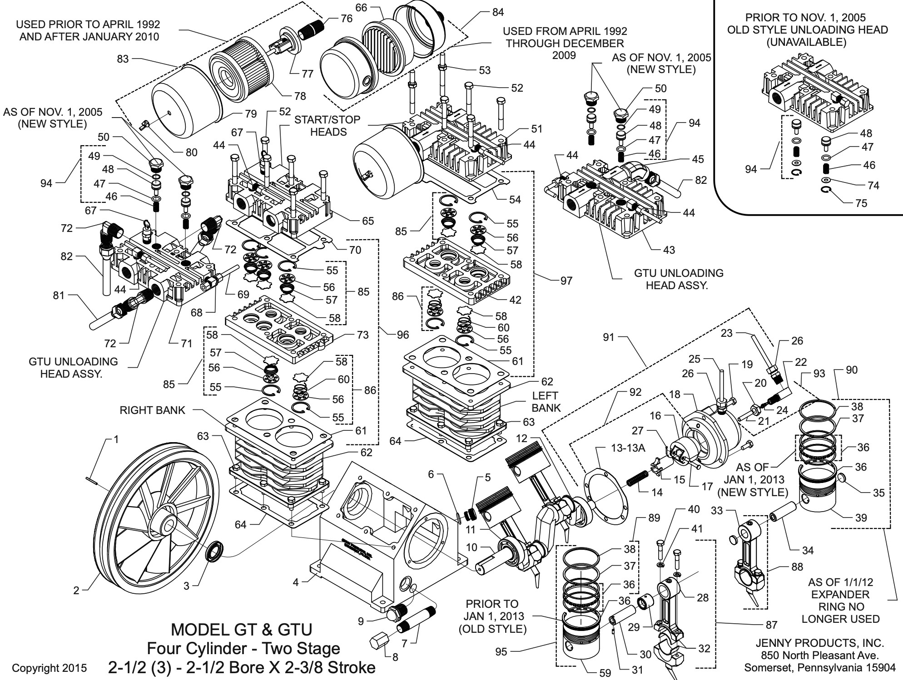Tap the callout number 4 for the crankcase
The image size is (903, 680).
click(296, 582)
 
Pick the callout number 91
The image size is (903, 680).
click(608, 337)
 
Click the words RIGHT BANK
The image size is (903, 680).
click(152, 410)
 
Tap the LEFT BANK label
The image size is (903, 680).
click(546, 402)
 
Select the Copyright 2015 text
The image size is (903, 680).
click(49, 668)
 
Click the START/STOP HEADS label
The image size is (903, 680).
click(328, 126)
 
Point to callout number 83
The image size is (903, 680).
click(123, 59)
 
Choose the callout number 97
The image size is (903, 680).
click(566, 281)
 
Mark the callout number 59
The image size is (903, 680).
click(605, 673)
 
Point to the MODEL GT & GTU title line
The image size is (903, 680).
click(241, 630)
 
